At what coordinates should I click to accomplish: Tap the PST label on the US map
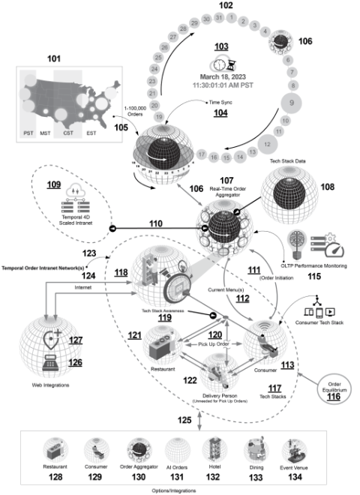31,136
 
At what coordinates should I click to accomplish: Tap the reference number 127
75,338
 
